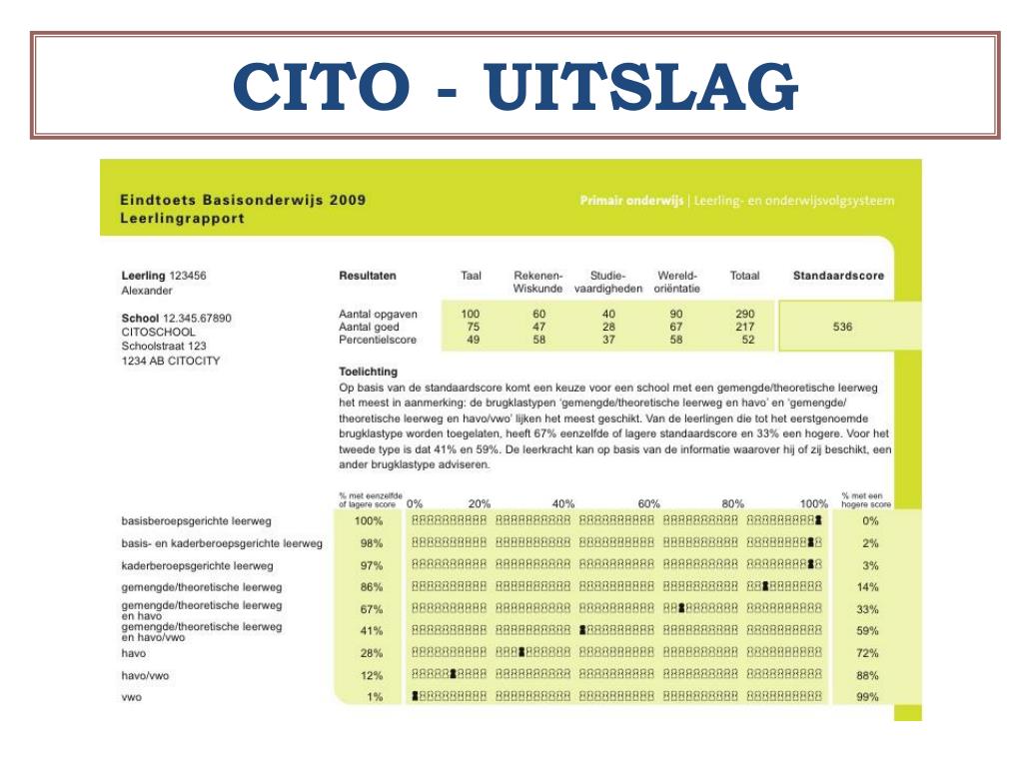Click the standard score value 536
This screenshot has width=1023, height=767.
(x=842, y=328)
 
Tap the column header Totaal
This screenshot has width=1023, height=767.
(x=744, y=276)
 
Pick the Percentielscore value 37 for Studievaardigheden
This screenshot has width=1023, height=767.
(x=609, y=340)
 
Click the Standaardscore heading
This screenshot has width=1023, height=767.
(x=837, y=276)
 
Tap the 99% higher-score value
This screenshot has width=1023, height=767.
(x=867, y=698)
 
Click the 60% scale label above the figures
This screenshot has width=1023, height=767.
(x=649, y=504)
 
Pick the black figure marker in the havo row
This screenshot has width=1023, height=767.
(x=521, y=652)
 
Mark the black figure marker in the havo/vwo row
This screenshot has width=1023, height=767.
(x=453, y=674)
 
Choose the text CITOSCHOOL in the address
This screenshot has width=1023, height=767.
(x=158, y=333)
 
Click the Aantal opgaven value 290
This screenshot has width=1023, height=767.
(x=745, y=314)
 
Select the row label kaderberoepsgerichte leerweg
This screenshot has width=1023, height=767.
(x=183, y=565)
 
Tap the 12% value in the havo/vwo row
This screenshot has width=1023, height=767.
(x=372, y=675)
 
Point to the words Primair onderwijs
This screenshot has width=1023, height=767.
(x=630, y=201)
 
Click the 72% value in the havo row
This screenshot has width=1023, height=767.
(x=867, y=653)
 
